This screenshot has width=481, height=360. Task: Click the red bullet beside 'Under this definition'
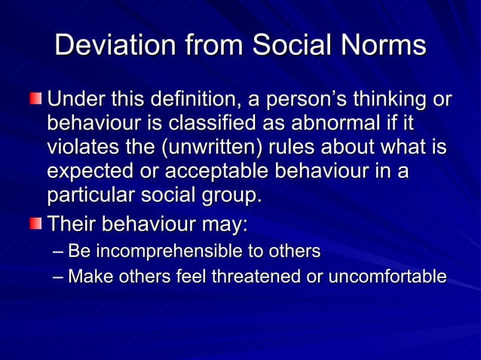pos(37,99)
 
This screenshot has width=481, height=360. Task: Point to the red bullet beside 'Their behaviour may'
pos(37,224)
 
